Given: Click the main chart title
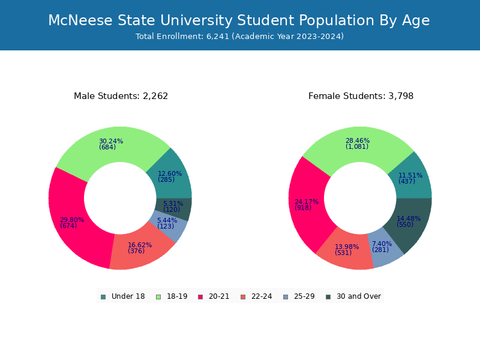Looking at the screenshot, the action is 239,20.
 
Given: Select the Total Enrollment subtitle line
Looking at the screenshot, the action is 239,37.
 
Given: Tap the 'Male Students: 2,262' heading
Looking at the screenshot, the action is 121,96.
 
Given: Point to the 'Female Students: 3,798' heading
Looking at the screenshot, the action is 361,96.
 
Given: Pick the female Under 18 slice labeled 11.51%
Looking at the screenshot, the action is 411,179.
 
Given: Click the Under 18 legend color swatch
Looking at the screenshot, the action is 103,297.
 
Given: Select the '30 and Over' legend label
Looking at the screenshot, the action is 358,296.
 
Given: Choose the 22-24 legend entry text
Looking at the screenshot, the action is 262,296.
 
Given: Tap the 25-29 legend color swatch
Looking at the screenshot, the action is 286,297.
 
